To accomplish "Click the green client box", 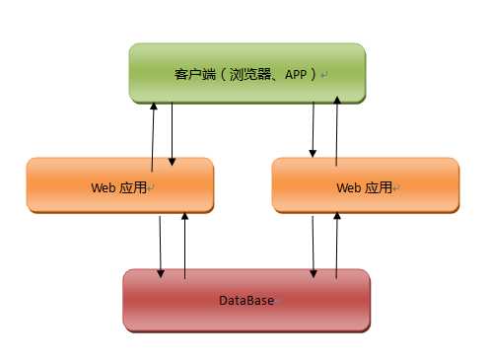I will click(x=246, y=71).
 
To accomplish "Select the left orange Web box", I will click(x=120, y=184).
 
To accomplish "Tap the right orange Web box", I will click(x=364, y=184).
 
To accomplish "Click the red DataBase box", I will click(x=246, y=299).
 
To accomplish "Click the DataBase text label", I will click(x=245, y=300).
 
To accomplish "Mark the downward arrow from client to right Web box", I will click(x=314, y=128).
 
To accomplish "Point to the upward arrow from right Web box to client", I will click(x=337, y=128).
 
